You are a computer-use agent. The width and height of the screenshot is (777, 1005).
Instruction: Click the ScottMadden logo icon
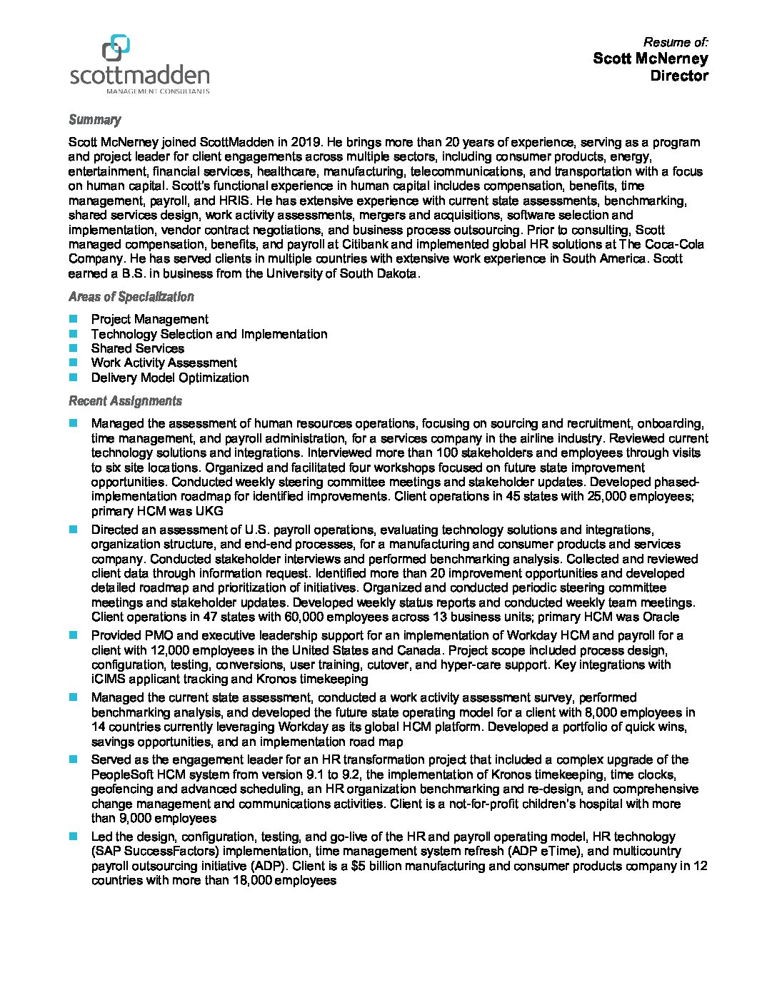click(x=116, y=48)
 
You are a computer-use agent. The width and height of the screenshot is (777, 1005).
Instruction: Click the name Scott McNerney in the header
click(x=650, y=59)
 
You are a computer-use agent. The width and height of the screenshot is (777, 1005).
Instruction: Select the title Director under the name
click(x=678, y=76)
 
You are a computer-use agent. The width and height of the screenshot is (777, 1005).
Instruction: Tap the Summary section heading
click(x=94, y=120)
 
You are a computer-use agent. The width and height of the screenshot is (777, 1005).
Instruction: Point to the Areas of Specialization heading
click(x=131, y=297)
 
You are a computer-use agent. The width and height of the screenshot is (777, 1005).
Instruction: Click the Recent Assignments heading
click(x=125, y=401)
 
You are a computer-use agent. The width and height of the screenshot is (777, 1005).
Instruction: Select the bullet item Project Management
click(x=149, y=319)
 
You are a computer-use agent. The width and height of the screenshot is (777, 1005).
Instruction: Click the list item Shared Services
click(x=137, y=348)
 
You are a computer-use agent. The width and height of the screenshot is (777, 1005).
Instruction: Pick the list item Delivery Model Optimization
click(x=169, y=378)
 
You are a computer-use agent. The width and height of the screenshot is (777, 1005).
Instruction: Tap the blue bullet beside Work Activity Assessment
click(x=73, y=363)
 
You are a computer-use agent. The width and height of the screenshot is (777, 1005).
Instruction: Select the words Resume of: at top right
click(x=676, y=42)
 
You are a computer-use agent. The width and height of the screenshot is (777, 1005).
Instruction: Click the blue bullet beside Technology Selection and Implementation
click(x=73, y=333)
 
